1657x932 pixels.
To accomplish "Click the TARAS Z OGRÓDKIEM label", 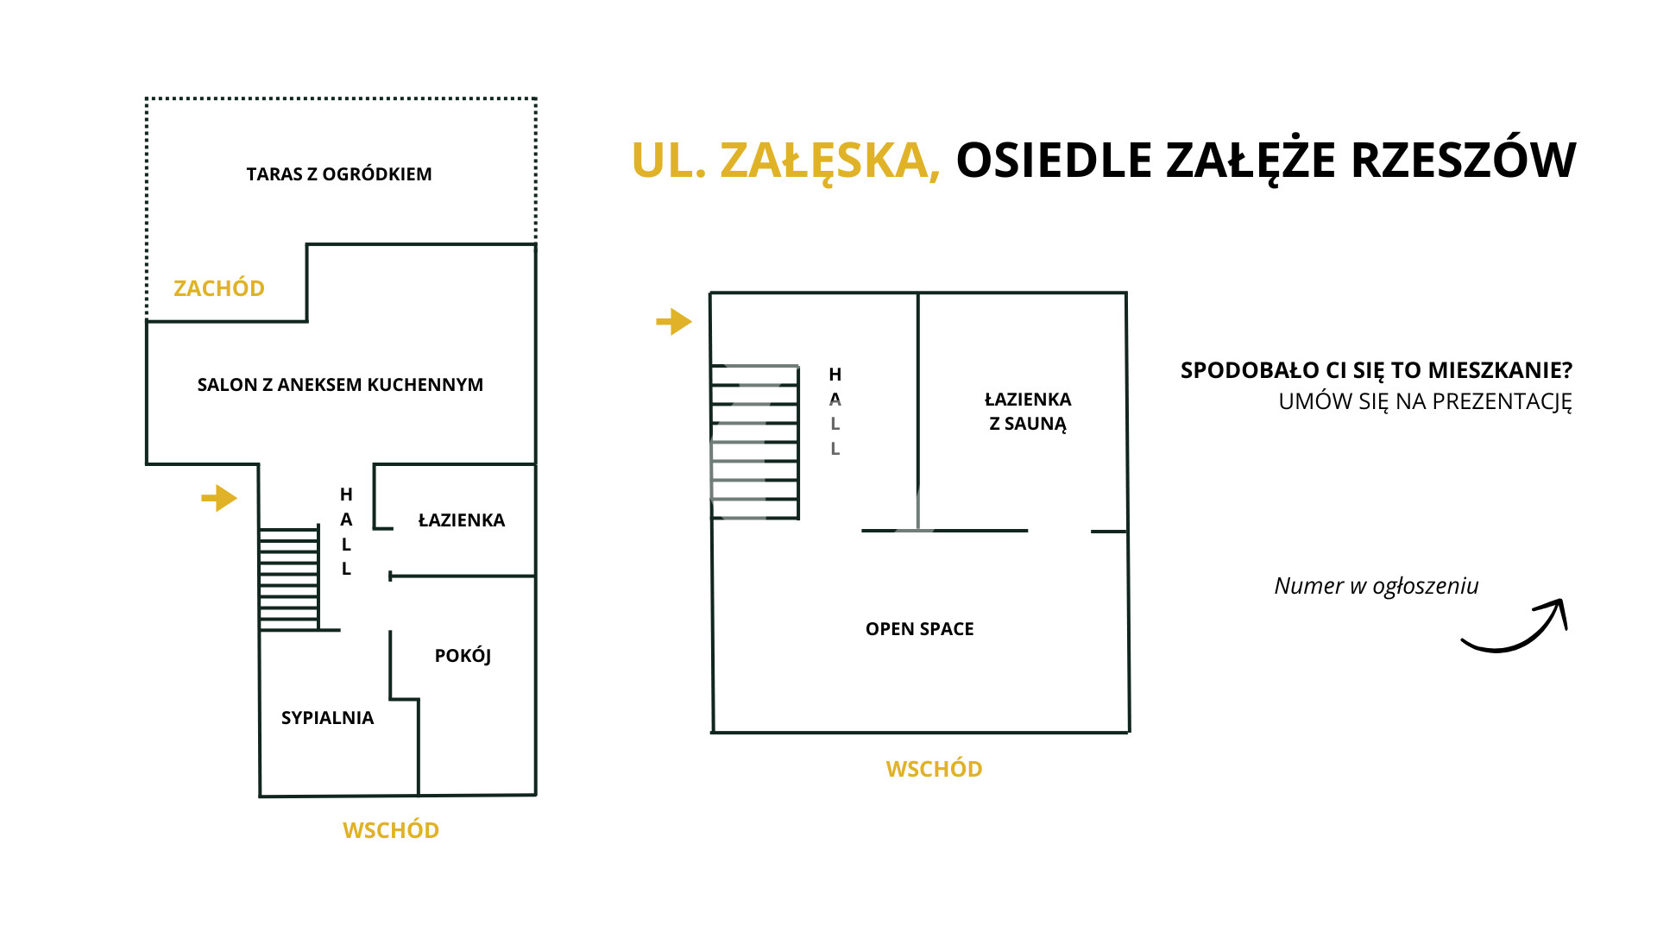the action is pyautogui.click(x=339, y=174).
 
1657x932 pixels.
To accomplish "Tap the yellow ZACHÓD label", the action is pyautogui.click(x=219, y=288).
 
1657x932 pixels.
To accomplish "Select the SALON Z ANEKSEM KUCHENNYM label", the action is pyautogui.click(x=340, y=385).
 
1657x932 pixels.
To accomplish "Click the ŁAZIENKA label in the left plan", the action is pyautogui.click(x=462, y=520).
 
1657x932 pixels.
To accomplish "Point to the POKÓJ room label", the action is pyautogui.click(x=463, y=656).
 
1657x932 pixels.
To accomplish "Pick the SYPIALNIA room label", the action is pyautogui.click(x=328, y=718).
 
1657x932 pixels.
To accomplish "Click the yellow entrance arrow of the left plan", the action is pyautogui.click(x=219, y=498).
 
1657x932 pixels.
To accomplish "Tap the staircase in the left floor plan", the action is pyautogui.click(x=289, y=579).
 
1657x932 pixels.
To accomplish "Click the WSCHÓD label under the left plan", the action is pyautogui.click(x=391, y=830).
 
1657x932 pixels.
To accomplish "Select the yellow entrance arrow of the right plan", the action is pyautogui.click(x=674, y=322).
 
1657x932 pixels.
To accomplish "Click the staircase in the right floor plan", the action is pyautogui.click(x=755, y=442).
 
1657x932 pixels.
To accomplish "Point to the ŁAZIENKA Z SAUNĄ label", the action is pyautogui.click(x=1028, y=412).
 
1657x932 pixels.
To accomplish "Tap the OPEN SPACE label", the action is pyautogui.click(x=920, y=629).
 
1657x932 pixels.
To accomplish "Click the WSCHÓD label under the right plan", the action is pyautogui.click(x=935, y=769).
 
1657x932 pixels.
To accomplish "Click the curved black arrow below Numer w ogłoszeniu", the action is pyautogui.click(x=1515, y=627).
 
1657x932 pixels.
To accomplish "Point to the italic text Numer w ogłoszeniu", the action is pyautogui.click(x=1377, y=586).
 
